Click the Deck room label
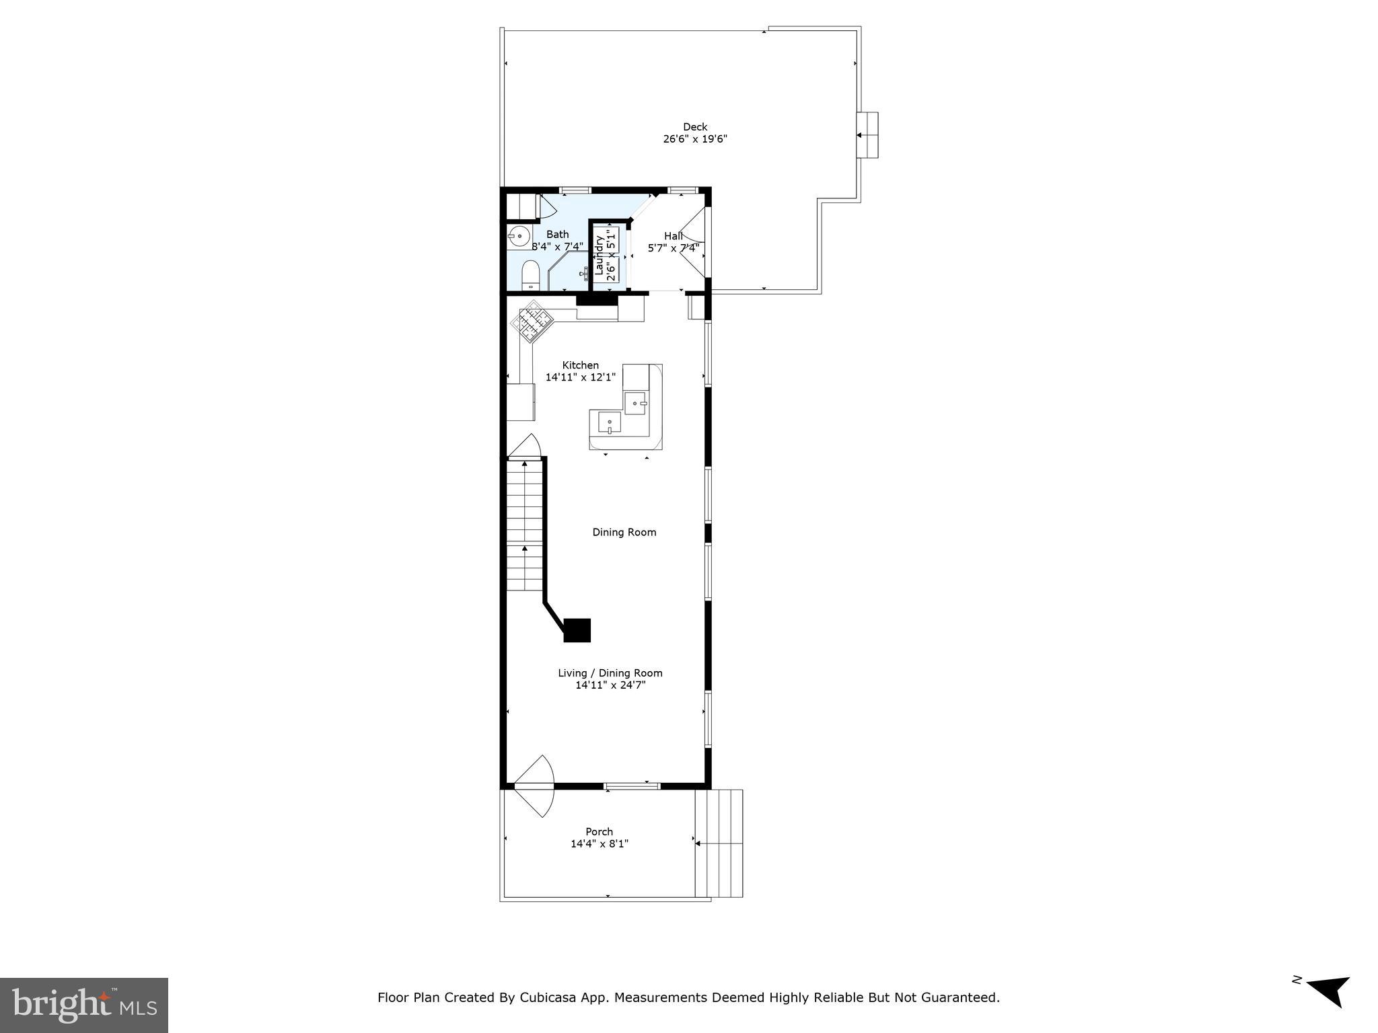click(x=695, y=126)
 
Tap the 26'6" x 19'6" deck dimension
click(x=695, y=139)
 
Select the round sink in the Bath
click(x=518, y=236)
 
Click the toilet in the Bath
click(x=531, y=275)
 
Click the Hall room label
click(x=673, y=236)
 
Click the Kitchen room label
click(x=580, y=365)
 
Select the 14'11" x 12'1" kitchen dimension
click(x=580, y=377)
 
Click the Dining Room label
click(x=624, y=532)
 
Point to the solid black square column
click(x=577, y=630)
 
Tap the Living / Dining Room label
click(x=610, y=673)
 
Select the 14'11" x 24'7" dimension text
click(x=610, y=685)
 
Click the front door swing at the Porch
click(x=535, y=786)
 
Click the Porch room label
click(x=599, y=831)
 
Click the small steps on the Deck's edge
click(x=867, y=135)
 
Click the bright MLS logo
click(x=84, y=1005)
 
